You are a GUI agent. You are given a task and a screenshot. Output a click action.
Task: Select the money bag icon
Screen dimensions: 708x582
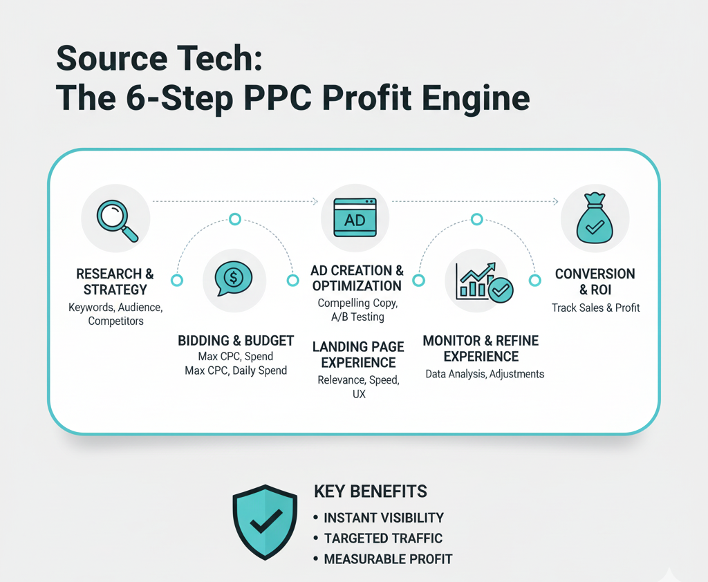(595, 218)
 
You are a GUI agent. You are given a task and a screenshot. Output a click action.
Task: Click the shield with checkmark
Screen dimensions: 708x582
(265, 522)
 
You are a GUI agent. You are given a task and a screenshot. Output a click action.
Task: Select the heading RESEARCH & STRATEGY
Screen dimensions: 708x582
(115, 282)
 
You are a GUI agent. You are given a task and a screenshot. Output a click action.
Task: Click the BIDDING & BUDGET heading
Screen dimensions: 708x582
(236, 341)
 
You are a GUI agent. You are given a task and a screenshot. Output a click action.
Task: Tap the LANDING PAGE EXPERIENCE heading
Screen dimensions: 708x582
(358, 355)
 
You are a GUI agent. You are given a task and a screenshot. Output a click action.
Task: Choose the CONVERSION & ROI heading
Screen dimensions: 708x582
(595, 282)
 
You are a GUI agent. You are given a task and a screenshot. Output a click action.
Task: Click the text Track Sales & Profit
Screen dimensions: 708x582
(595, 308)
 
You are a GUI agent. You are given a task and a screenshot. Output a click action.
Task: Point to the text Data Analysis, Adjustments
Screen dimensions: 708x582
(485, 374)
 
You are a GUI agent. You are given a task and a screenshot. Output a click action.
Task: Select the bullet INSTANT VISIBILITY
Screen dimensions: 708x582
(383, 518)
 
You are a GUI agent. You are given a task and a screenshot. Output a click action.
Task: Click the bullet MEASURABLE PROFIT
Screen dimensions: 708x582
(388, 559)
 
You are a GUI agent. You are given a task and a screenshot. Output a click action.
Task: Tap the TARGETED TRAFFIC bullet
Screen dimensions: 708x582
(383, 538)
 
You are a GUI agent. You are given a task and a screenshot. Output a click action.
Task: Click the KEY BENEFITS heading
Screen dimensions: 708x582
(371, 491)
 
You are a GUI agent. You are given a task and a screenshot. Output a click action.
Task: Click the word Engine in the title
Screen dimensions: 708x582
(476, 99)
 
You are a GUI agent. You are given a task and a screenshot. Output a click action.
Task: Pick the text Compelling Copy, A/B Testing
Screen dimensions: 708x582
(357, 310)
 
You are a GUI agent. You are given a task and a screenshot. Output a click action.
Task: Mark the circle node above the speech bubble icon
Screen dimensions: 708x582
(235, 219)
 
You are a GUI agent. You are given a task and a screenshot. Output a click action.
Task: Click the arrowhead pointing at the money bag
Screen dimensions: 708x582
(557, 201)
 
